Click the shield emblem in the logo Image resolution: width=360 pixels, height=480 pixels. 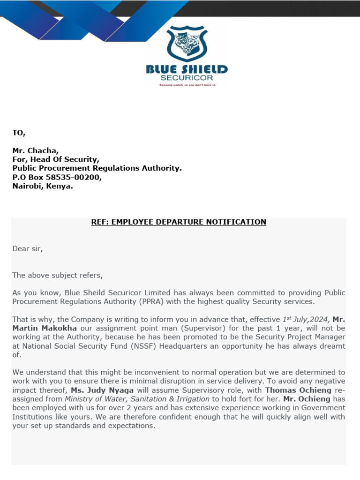(x=187, y=44)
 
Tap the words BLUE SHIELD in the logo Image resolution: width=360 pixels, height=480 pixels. (x=187, y=70)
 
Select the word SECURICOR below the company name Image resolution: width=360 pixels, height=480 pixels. (x=187, y=78)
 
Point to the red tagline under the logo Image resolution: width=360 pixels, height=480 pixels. (x=187, y=85)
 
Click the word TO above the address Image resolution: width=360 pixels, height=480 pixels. (x=19, y=133)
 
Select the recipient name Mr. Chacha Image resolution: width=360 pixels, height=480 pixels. (x=36, y=150)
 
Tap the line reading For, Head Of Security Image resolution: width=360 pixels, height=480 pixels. (x=56, y=159)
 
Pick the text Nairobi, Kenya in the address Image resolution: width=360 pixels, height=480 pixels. (x=43, y=186)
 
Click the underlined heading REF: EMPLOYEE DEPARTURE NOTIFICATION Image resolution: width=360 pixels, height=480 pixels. (x=179, y=222)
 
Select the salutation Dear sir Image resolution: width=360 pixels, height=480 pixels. (x=27, y=249)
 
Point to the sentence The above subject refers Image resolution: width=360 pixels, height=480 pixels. (x=57, y=275)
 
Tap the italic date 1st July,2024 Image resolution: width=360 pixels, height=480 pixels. (x=306, y=319)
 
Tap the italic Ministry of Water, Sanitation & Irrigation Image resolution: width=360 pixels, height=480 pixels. (x=137, y=399)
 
